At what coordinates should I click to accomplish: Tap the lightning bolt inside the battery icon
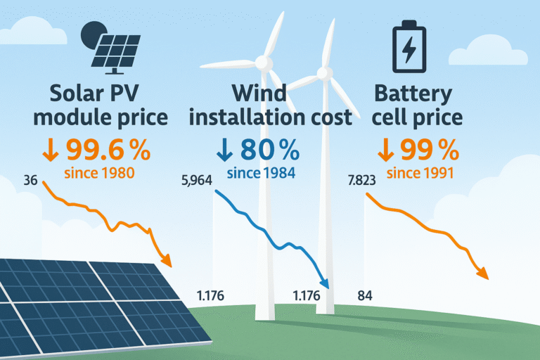(x=408, y=50)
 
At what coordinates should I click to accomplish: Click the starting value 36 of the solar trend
(x=30, y=181)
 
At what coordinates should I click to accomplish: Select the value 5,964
(x=196, y=181)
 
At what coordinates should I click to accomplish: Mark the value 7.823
(x=363, y=181)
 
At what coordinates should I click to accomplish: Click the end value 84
(x=365, y=295)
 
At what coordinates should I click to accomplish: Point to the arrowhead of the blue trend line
(x=325, y=282)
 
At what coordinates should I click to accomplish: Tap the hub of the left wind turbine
(x=262, y=63)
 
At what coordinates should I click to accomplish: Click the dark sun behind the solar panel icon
(x=92, y=34)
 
